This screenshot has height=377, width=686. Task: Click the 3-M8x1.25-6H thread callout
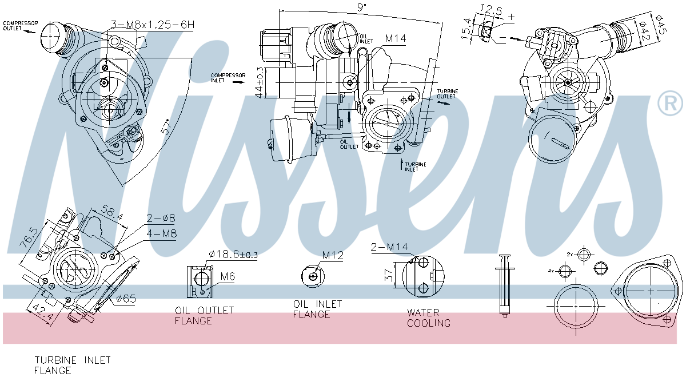tap(152, 25)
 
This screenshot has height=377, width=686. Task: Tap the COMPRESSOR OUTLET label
tap(21, 26)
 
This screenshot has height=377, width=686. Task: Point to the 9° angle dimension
tap(361, 7)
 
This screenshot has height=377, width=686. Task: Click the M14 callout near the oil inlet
tap(395, 39)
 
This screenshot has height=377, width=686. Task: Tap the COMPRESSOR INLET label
tap(228, 78)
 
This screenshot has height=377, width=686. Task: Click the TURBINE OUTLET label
tap(447, 94)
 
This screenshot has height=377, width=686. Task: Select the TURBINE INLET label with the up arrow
tap(415, 166)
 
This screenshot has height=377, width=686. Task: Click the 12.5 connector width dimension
tap(490, 10)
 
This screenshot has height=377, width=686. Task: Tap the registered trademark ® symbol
tap(670, 104)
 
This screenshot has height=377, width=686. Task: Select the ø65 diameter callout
tap(125, 298)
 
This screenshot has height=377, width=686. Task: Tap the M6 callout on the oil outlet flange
tap(227, 277)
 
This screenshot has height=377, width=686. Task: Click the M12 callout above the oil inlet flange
tap(333, 255)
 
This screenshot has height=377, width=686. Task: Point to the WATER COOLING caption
tap(428, 318)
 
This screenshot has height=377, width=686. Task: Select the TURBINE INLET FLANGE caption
tap(72, 365)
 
